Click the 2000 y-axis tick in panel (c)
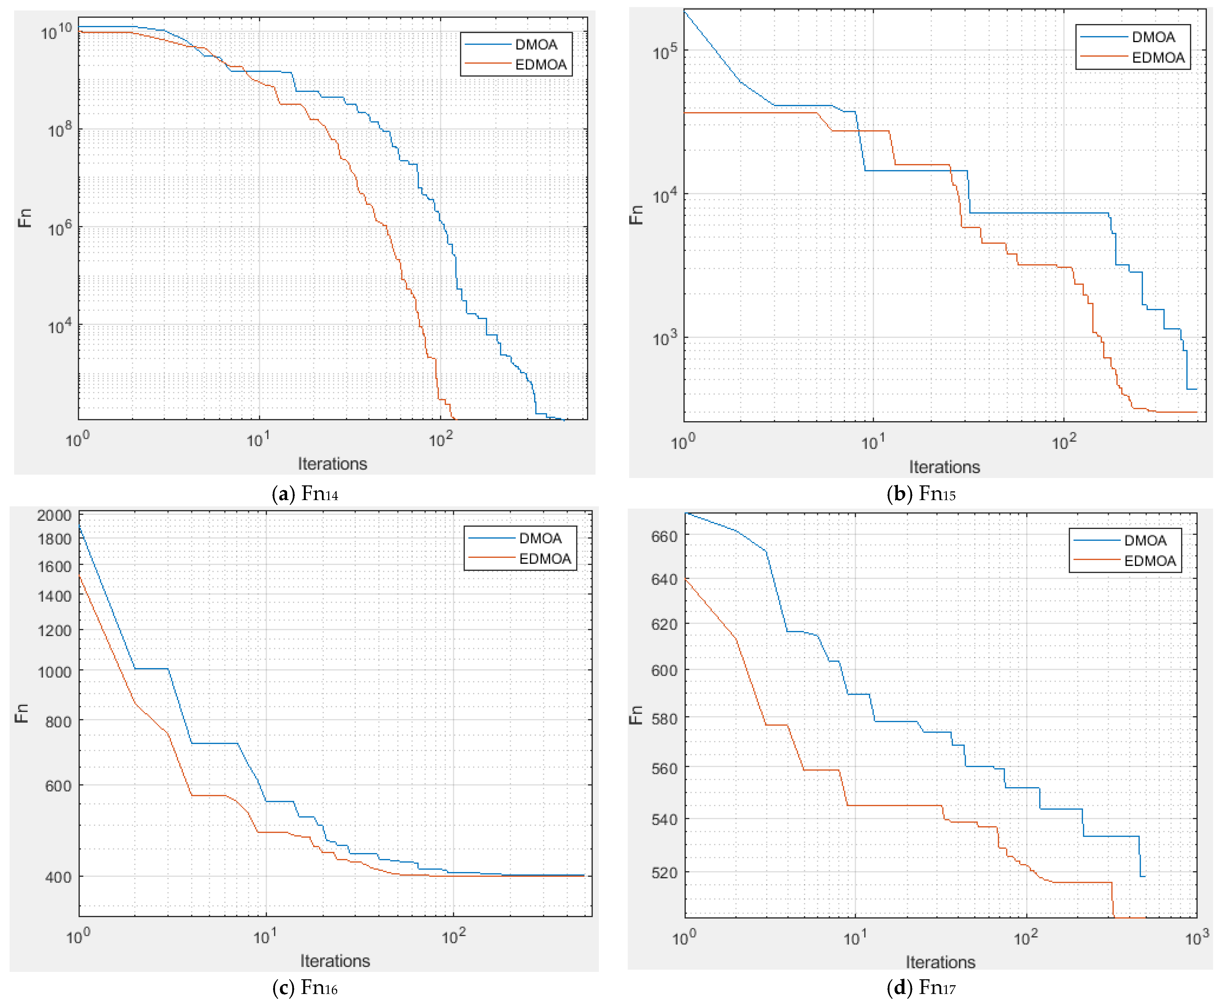[54, 515]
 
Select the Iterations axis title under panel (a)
[333, 464]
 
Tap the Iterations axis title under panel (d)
[940, 962]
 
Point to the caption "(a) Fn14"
[305, 494]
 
